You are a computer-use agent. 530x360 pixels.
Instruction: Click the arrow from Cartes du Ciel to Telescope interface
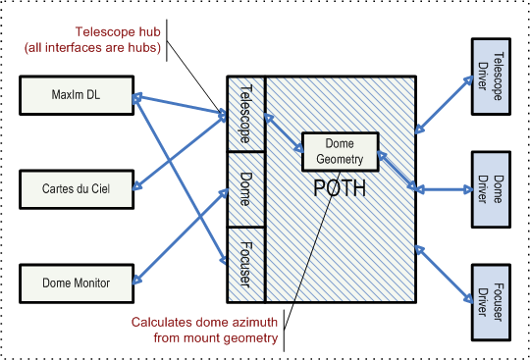[x=182, y=151]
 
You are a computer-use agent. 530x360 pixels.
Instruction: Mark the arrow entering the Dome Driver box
[x=444, y=189]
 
